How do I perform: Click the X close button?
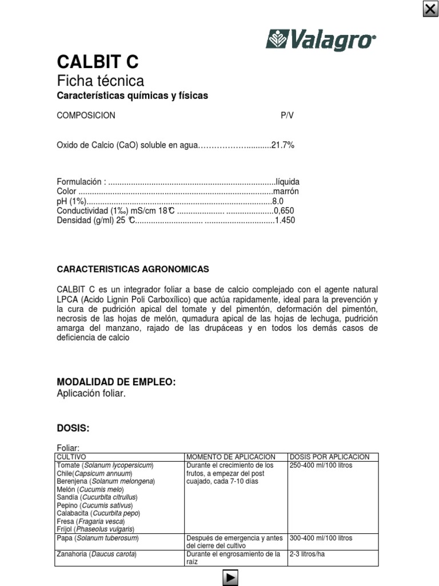click(430, 9)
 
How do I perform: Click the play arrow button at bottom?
click(229, 578)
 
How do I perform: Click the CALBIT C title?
click(98, 62)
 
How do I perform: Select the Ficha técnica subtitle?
click(101, 81)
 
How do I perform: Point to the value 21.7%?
click(282, 145)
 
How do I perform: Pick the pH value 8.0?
click(278, 201)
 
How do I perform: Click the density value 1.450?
click(285, 220)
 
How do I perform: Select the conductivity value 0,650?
click(285, 211)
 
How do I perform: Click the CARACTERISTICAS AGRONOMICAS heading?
click(133, 269)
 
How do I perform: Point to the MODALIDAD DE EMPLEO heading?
click(116, 382)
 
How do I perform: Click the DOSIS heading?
click(74, 428)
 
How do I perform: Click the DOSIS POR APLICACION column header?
click(330, 457)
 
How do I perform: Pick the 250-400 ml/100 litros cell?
click(321, 465)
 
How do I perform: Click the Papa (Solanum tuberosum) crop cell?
click(98, 538)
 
